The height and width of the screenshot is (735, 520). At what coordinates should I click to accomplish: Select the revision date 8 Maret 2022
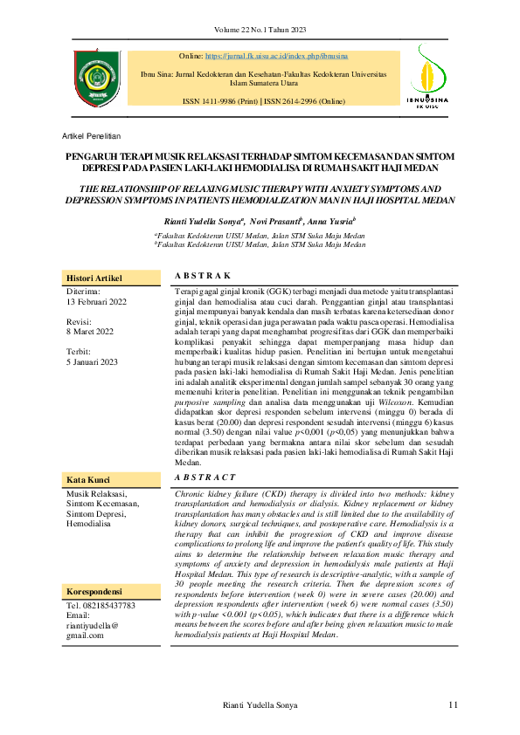pyautogui.click(x=90, y=332)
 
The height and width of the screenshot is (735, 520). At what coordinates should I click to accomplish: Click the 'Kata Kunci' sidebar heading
pyautogui.click(x=86, y=480)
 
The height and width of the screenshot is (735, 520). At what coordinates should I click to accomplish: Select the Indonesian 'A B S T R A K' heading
pyautogui.click(x=203, y=274)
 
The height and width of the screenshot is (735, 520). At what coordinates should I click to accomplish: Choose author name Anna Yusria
pyautogui.click(x=327, y=222)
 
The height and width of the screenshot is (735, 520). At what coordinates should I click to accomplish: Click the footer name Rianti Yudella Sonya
pyautogui.click(x=260, y=704)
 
